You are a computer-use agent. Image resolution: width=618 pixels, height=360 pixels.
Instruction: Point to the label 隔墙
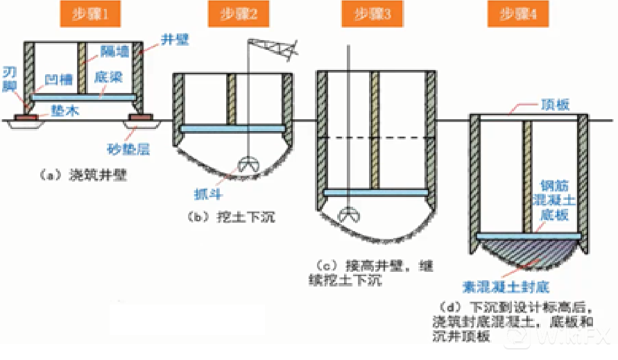(x=113, y=49)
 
